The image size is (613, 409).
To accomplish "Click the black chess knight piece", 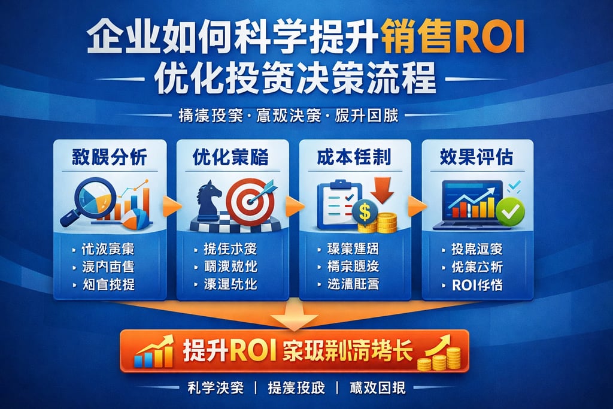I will click(x=210, y=201).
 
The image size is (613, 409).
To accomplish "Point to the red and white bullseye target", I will click(x=250, y=201).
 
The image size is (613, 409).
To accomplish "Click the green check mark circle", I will click(x=512, y=210).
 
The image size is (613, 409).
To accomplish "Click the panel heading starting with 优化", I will click(x=230, y=156).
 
